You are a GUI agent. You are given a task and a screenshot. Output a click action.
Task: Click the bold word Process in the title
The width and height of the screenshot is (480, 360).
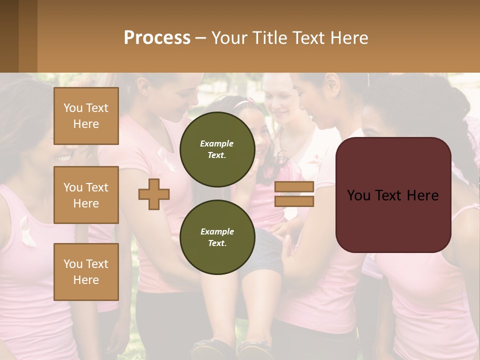pos(157,37)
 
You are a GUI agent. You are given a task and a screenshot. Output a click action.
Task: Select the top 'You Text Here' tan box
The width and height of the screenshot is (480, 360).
pos(86,116)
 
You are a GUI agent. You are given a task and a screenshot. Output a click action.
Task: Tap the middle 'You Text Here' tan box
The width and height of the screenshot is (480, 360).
pos(86,195)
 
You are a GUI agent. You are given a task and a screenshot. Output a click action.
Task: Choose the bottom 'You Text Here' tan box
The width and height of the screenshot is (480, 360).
pos(86,272)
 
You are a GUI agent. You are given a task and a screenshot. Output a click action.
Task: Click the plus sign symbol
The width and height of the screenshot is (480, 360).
pos(154,194)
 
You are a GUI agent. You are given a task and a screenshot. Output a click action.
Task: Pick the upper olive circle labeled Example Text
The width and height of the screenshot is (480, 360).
pos(217,149)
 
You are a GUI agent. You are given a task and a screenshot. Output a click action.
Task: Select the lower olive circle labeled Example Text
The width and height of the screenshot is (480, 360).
pos(217,237)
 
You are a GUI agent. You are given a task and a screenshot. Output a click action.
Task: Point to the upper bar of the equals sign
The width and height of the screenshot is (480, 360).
pos(294,186)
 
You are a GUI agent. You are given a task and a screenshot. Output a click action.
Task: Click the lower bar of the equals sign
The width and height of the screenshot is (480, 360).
pos(294,201)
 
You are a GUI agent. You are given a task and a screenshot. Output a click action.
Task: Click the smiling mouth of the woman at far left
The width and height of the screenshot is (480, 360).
pos(63,158)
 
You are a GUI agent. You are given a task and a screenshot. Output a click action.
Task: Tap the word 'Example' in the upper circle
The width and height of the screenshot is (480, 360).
pos(217,143)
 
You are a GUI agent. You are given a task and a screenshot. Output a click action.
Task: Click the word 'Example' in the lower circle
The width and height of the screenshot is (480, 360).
pos(217,231)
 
